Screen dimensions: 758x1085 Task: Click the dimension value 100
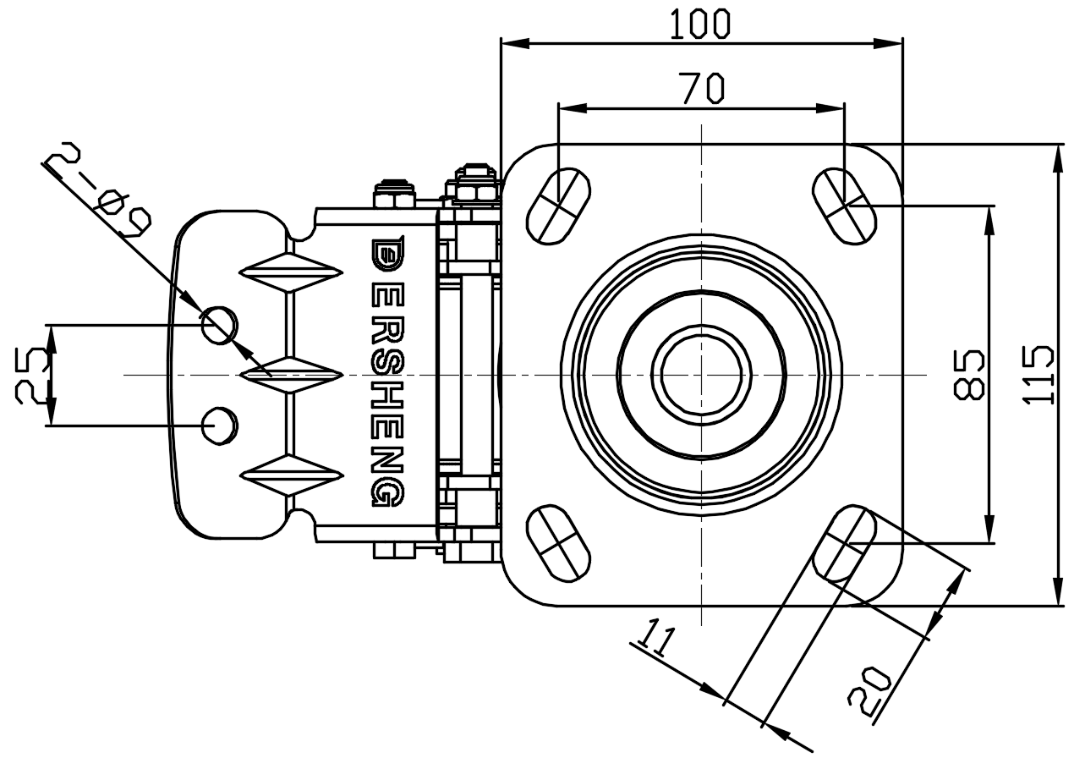pyautogui.click(x=699, y=24)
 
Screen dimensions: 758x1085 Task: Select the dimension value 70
pyautogui.click(x=702, y=88)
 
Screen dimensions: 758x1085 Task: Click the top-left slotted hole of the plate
pyautogui.click(x=558, y=206)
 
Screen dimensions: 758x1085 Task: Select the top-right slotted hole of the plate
pyautogui.click(x=844, y=205)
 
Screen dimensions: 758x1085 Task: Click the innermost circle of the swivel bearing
pyautogui.click(x=701, y=374)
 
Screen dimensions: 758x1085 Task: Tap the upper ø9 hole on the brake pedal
pyautogui.click(x=219, y=324)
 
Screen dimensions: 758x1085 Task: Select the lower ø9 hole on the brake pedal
pyautogui.click(x=219, y=425)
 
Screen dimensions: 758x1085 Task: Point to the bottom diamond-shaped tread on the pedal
pyautogui.click(x=292, y=475)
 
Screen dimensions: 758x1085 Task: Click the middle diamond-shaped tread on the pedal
pyautogui.click(x=292, y=374)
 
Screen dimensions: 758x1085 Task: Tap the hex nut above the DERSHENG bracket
pyautogui.click(x=395, y=193)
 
